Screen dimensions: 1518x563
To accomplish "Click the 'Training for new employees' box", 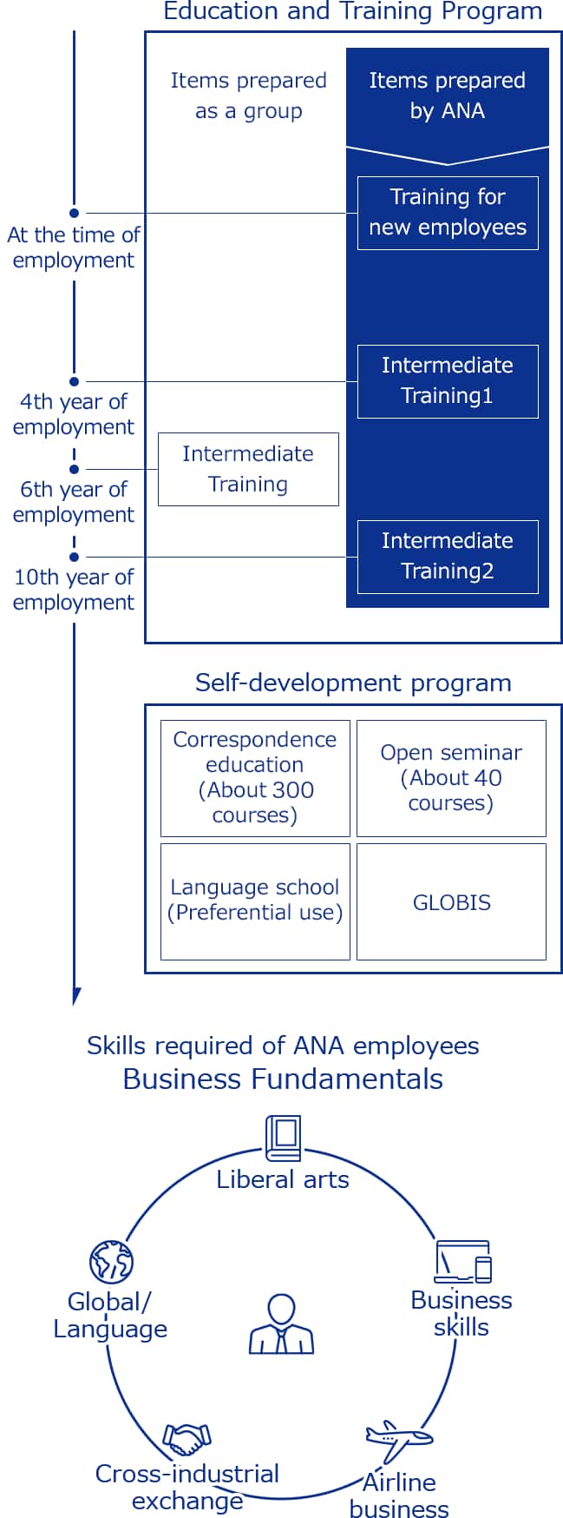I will [448, 213].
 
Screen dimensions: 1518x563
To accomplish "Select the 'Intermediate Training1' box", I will [448, 381].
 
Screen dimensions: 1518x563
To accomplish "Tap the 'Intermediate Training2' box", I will [448, 557].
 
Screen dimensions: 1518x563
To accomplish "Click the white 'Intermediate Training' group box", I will [248, 469].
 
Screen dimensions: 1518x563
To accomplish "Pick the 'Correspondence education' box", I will [255, 778].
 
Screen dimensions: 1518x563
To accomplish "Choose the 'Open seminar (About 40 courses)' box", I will [451, 778].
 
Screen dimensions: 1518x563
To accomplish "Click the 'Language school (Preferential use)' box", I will [255, 901].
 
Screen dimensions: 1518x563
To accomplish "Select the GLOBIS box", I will [451, 901].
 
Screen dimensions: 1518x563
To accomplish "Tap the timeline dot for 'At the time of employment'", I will [75, 213].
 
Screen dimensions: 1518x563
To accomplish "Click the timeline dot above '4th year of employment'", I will [75, 381].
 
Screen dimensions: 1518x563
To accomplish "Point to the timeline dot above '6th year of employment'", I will [75, 469].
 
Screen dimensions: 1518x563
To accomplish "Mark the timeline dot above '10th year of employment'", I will [75, 557].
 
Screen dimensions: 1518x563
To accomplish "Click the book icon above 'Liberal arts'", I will [283, 1138].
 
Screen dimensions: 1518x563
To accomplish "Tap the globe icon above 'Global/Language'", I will [111, 1262].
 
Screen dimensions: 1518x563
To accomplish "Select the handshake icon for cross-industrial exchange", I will [187, 1439].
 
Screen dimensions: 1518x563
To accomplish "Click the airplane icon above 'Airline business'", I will [398, 1441].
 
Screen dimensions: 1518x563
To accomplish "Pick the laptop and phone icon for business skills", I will [463, 1262].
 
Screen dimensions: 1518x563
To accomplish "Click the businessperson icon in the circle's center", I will [282, 1324].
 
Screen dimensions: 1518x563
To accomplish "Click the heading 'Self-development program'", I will [353, 683].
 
